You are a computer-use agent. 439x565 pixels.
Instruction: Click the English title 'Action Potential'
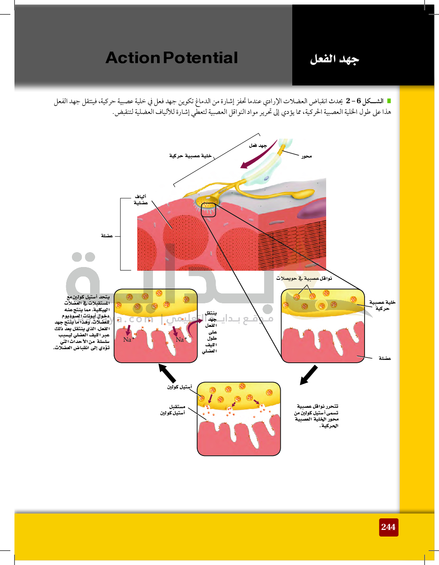172,57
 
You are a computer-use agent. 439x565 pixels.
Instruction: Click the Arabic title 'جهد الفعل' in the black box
334,59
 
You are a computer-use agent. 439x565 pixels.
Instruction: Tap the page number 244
389,527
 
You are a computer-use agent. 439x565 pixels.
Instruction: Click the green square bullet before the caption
389,101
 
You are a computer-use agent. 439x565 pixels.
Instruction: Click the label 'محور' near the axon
306,156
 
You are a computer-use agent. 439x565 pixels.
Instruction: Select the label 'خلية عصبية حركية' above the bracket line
191,156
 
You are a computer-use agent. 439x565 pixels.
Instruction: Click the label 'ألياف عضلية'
141,199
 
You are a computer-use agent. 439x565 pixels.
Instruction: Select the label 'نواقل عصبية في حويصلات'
304,279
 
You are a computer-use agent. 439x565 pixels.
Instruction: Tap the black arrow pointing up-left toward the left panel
167,373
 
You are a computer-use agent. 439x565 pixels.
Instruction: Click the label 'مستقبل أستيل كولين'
173,410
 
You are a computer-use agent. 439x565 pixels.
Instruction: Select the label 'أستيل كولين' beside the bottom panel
180,387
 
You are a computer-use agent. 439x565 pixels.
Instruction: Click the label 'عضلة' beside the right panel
385,358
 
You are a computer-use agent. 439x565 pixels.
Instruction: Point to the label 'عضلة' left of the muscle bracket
107,236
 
